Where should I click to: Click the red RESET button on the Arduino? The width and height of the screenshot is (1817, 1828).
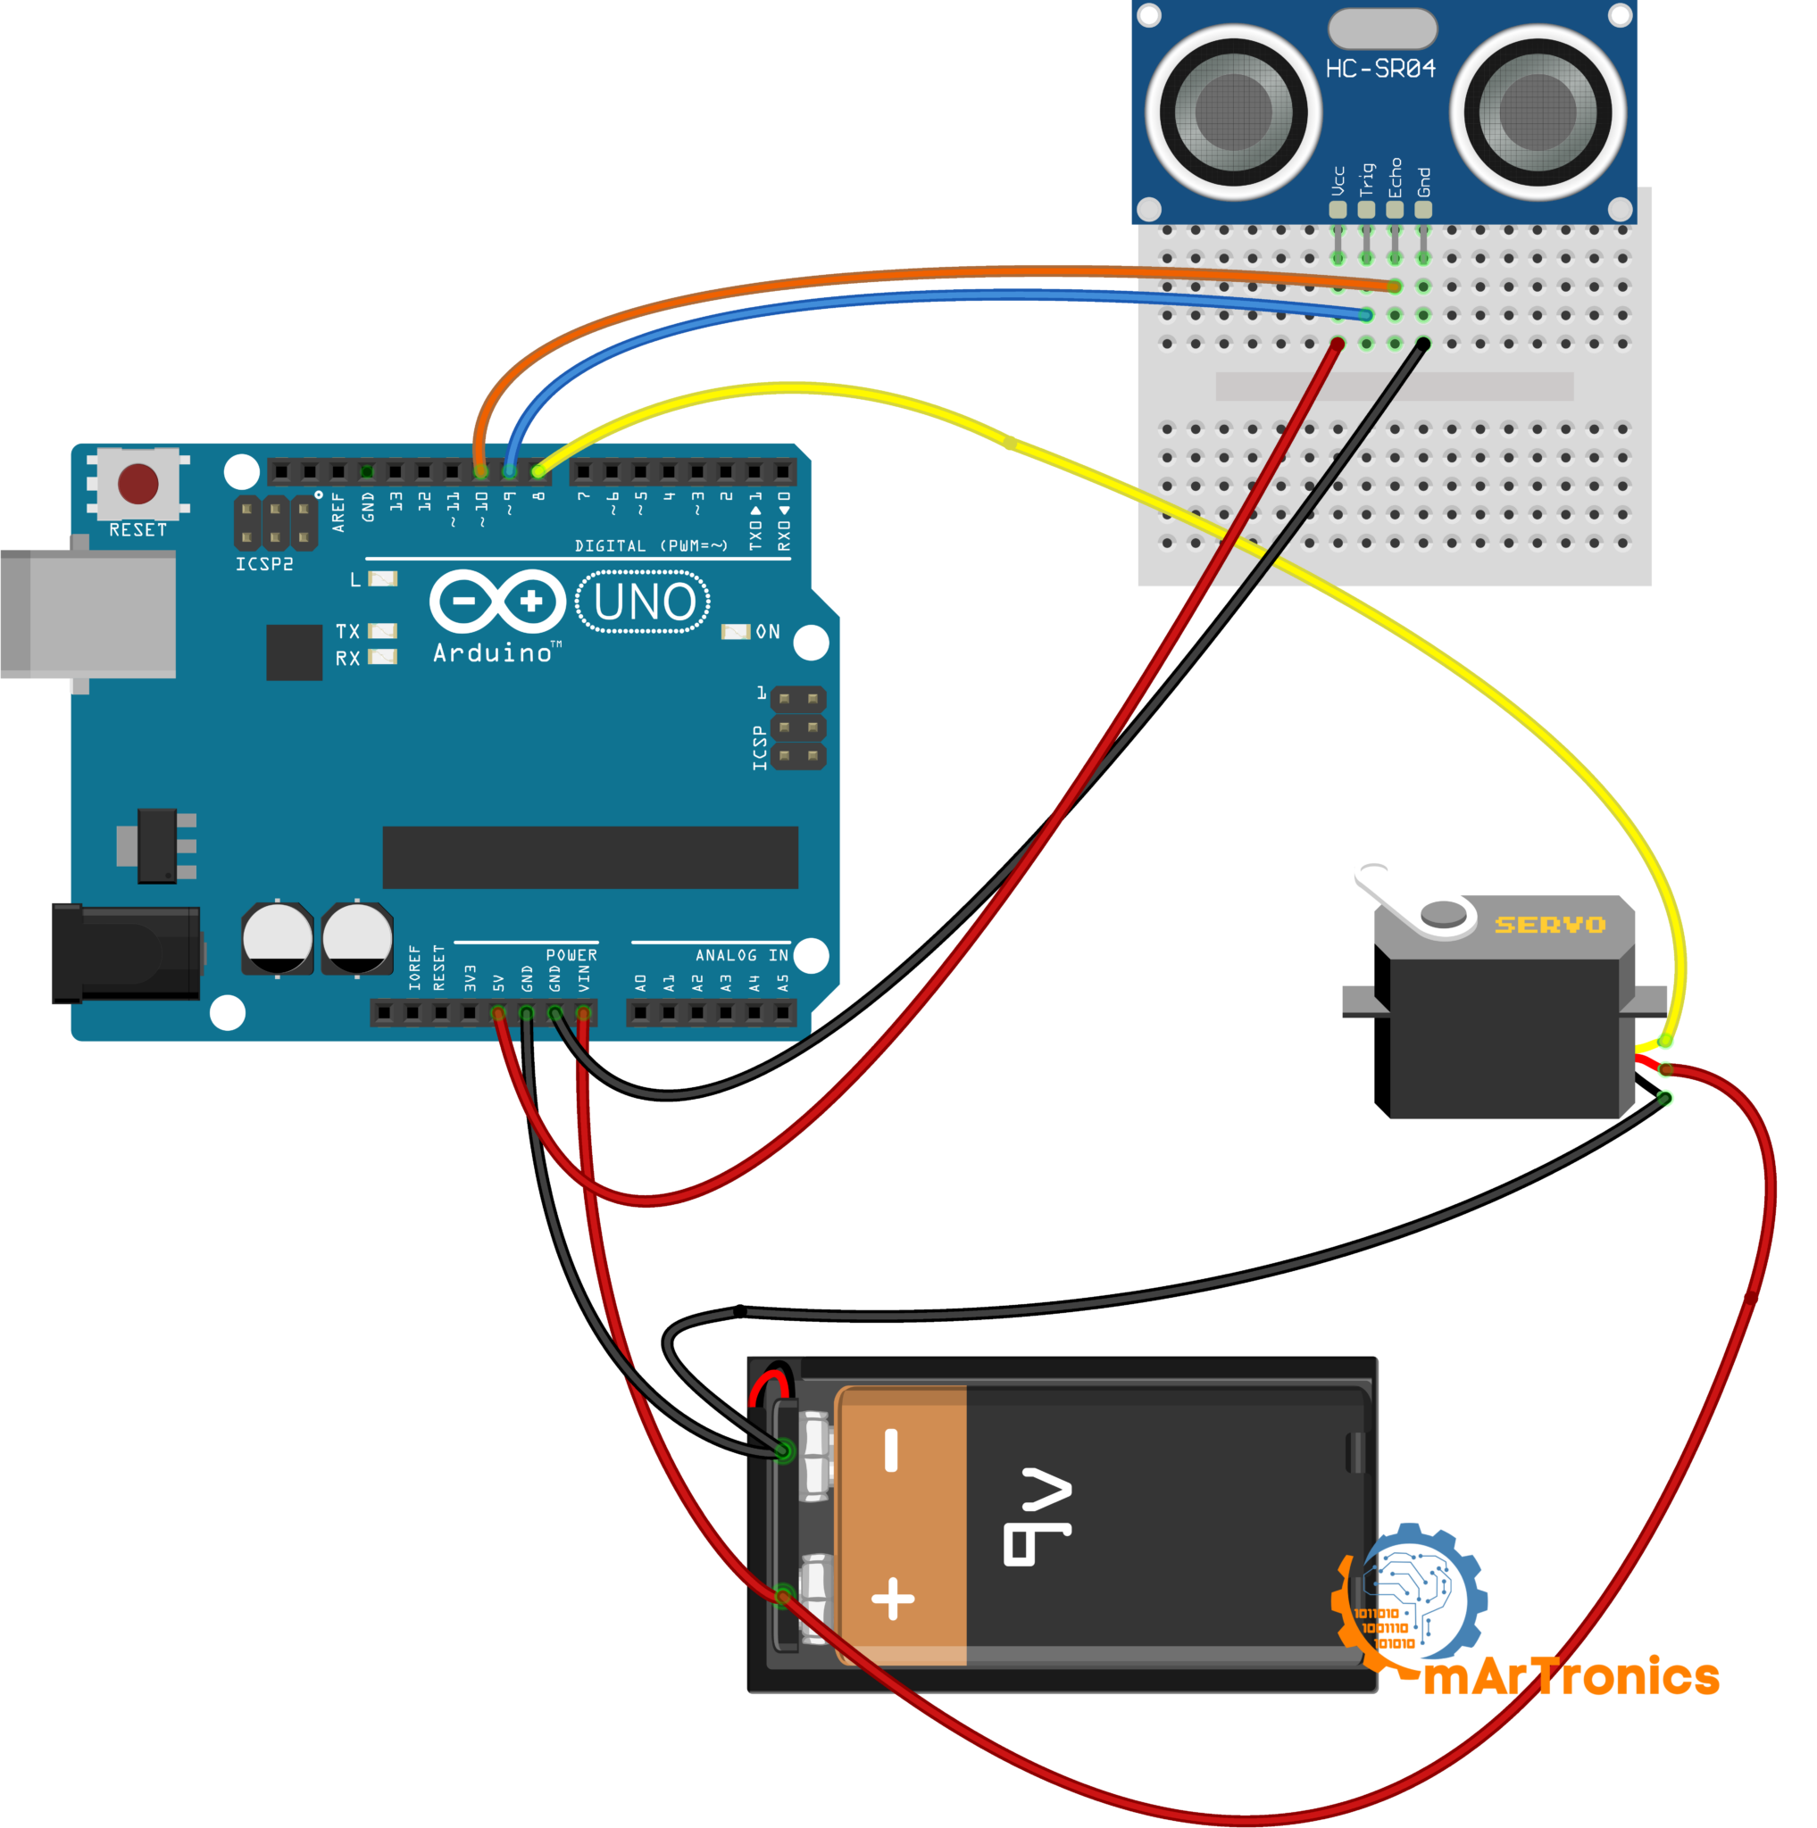click(138, 484)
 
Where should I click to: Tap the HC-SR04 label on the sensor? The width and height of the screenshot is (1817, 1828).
click(1379, 69)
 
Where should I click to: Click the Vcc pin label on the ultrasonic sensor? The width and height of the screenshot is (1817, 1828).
click(1338, 180)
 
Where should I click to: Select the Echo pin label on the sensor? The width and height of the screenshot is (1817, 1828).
click(1394, 178)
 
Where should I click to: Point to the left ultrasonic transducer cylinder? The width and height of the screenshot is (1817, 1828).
click(1233, 112)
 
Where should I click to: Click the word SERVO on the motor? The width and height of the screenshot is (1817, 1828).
click(1549, 925)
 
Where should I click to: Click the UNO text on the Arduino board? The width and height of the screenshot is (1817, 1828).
click(645, 602)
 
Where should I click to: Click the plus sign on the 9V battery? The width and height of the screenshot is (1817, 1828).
click(892, 1599)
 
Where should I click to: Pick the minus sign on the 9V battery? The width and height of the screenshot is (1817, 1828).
click(890, 1450)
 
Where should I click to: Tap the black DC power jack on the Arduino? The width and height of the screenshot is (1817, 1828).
click(126, 952)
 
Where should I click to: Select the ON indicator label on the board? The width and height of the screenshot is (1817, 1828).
click(768, 631)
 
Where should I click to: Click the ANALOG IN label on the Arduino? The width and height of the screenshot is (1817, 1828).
click(741, 956)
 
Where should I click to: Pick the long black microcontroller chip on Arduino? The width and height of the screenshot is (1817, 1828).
click(589, 857)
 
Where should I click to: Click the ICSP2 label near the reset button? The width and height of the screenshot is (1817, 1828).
click(264, 564)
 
